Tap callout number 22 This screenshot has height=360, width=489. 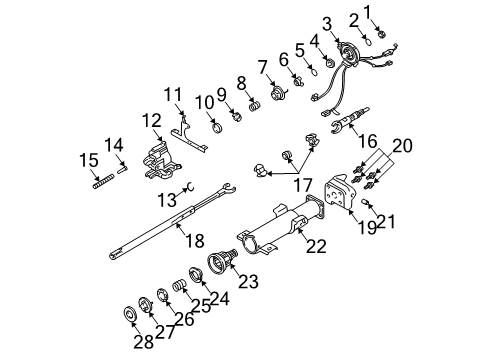click(317, 247)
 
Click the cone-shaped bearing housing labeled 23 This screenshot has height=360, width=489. click(219, 266)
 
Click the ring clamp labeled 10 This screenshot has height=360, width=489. click(216, 125)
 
